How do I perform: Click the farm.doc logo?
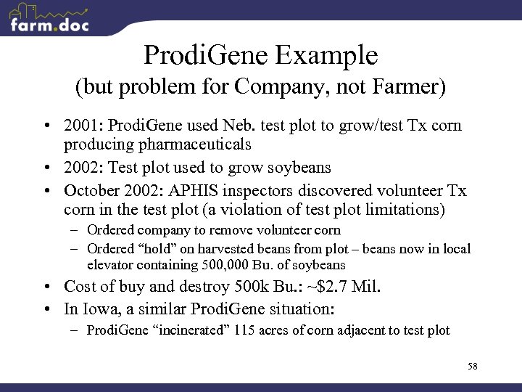49,20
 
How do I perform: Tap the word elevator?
111,265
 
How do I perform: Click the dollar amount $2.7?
324,287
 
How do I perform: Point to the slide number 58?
472,367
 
